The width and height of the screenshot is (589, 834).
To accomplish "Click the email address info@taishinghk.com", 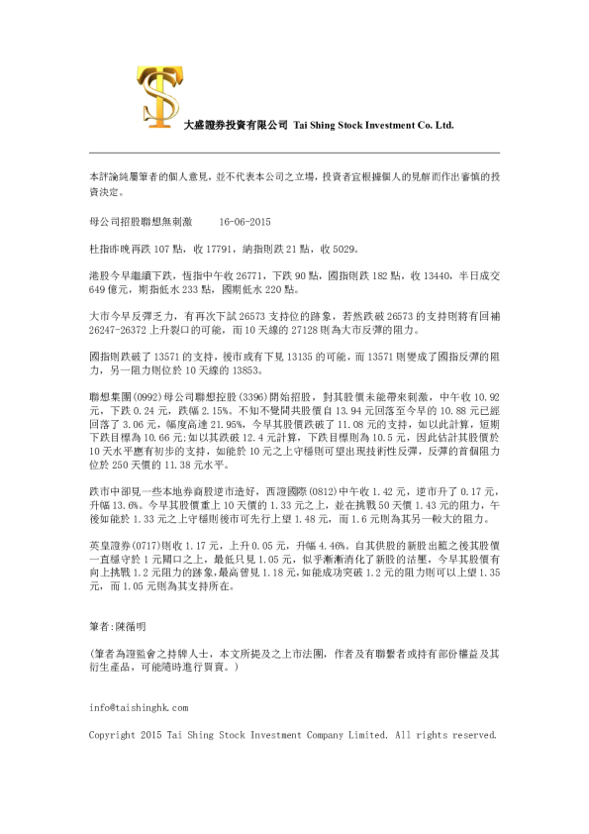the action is [x=138, y=708].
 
